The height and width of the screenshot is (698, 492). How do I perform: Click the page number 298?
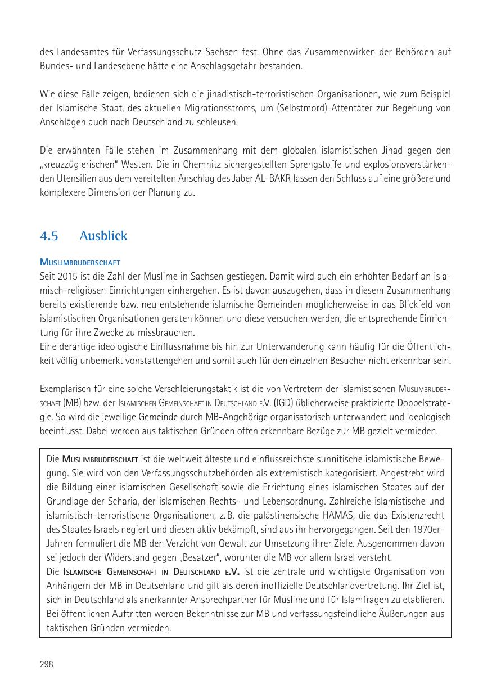46,664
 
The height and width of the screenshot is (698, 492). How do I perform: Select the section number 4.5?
49,236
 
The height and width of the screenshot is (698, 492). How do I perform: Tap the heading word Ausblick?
103,236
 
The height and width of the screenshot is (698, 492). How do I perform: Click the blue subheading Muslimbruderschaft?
80,263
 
